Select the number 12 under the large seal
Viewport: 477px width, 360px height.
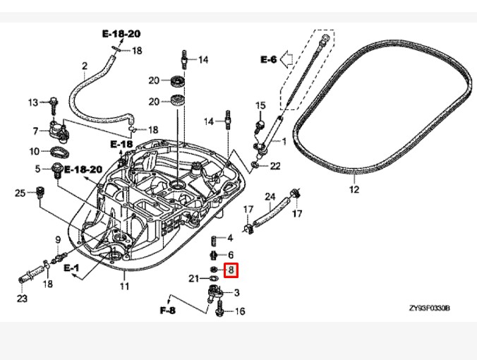click(354, 190)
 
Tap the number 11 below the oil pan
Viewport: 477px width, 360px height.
click(124, 286)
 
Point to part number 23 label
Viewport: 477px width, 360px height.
click(22, 299)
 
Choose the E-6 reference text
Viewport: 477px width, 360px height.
click(269, 59)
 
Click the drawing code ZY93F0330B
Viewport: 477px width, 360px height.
click(429, 308)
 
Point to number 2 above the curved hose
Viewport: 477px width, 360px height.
click(85, 68)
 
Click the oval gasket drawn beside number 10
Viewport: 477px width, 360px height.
click(60, 152)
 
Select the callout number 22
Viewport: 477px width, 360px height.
click(275, 166)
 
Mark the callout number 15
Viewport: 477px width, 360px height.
click(260, 106)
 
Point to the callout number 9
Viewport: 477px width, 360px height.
click(58, 241)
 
